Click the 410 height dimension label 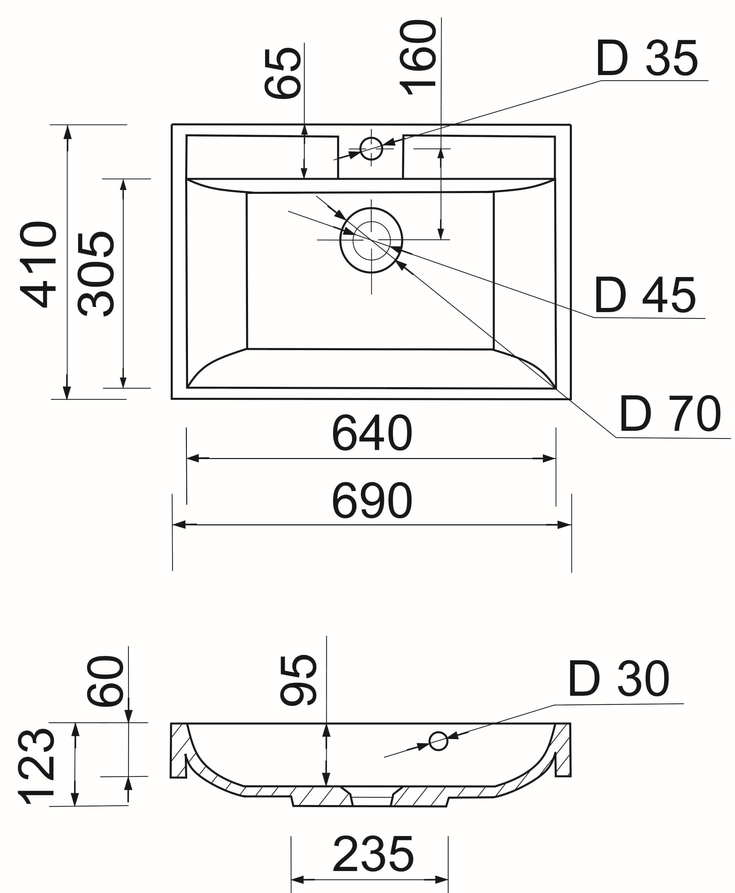(38, 264)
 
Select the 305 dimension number (96, 274)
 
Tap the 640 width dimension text (371, 433)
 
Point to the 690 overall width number (371, 501)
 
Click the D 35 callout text (647, 58)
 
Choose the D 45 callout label (645, 296)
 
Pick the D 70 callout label (670, 415)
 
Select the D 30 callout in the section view (618, 679)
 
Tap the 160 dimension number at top (418, 58)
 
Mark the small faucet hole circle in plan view (371, 148)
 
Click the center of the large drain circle (371, 240)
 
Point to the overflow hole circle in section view (438, 741)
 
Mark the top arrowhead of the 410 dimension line (67, 132)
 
